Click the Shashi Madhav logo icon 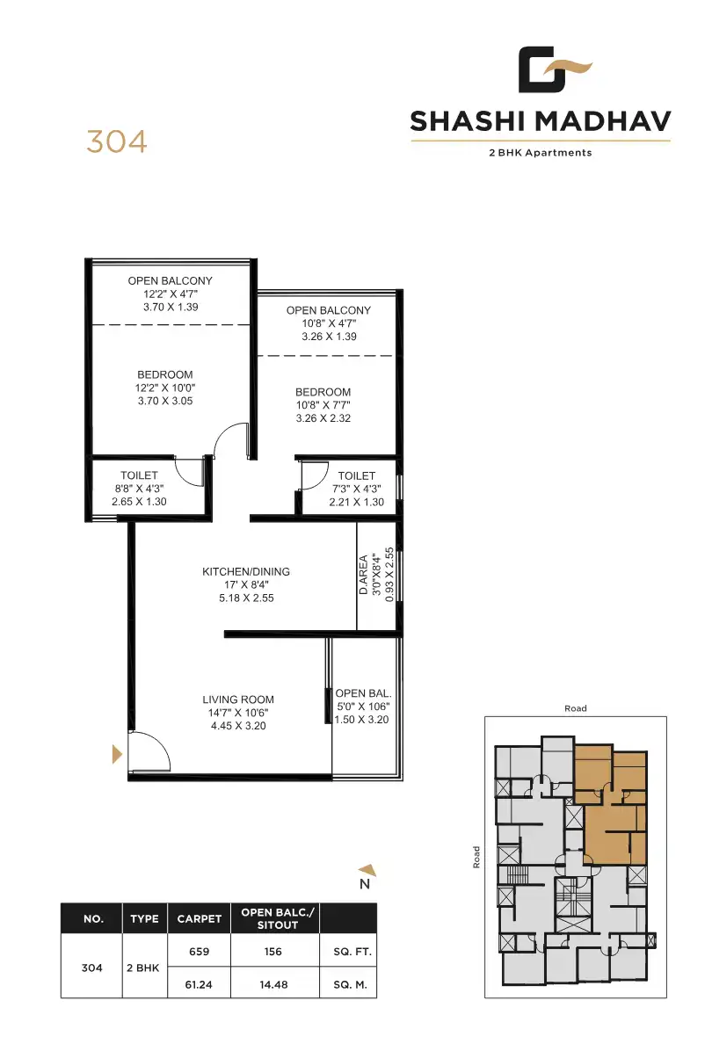[553, 70]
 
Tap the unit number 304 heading [116, 141]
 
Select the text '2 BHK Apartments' [540, 152]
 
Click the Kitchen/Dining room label [245, 571]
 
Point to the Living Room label [238, 700]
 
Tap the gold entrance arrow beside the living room [115, 753]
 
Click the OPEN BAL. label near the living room [361, 693]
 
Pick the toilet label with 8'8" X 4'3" [139, 475]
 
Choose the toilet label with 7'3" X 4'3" [356, 475]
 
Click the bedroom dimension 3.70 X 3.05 [164, 401]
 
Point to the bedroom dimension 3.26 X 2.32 [323, 418]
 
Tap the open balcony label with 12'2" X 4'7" [170, 281]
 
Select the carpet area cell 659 [199, 952]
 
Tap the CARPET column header [199, 919]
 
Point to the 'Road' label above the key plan [575, 708]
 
